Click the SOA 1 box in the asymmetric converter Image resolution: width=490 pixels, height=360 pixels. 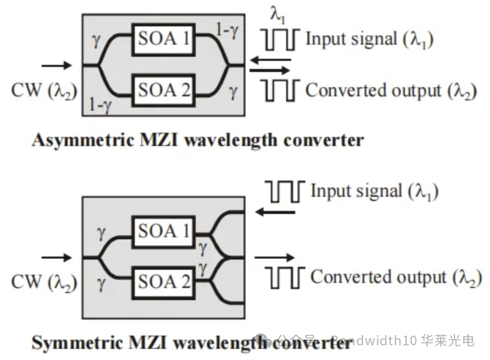(x=164, y=39)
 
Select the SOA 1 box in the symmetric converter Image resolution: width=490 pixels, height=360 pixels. (x=164, y=232)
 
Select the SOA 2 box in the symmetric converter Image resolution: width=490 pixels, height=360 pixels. (x=164, y=281)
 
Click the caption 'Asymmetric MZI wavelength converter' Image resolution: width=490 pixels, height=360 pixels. (x=197, y=139)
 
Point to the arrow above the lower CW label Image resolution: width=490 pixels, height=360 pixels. (x=56, y=257)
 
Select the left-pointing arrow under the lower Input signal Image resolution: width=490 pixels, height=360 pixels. (x=274, y=211)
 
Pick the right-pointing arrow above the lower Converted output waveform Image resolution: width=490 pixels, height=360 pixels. (x=274, y=258)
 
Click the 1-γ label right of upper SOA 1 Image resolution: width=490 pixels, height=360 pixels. (x=227, y=32)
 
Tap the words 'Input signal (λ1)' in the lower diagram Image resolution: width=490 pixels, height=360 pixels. (x=374, y=192)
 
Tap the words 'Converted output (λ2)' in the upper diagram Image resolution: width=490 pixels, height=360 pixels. (x=391, y=91)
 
